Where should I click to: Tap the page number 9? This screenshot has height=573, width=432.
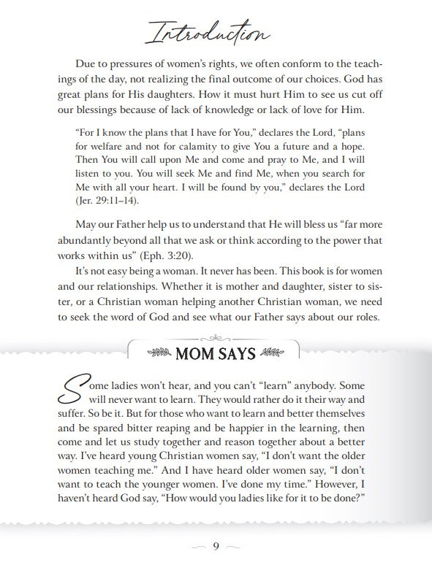pos(216,549)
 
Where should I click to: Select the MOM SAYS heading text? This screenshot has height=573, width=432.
pos(216,354)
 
